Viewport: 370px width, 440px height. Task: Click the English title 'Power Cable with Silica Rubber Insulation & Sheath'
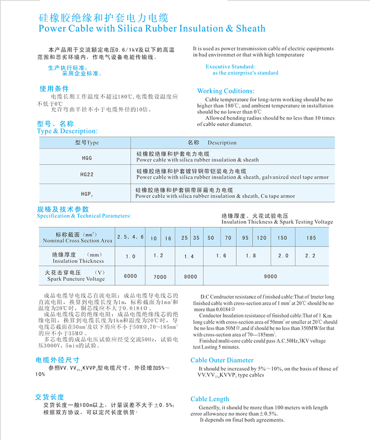[151, 28]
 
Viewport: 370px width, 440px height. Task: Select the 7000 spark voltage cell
[160, 276]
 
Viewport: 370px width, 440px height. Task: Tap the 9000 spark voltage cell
[270, 276]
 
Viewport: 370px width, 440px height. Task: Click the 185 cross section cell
[311, 238]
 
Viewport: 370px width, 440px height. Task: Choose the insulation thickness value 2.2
[310, 256]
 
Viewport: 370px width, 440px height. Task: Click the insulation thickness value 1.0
[130, 256]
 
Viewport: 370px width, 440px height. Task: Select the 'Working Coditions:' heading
[225, 91]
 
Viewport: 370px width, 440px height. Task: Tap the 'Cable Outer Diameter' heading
[222, 360]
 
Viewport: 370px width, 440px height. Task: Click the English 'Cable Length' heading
[210, 399]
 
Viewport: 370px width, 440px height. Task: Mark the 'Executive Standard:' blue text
[230, 67]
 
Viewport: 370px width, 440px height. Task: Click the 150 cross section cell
[282, 238]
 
